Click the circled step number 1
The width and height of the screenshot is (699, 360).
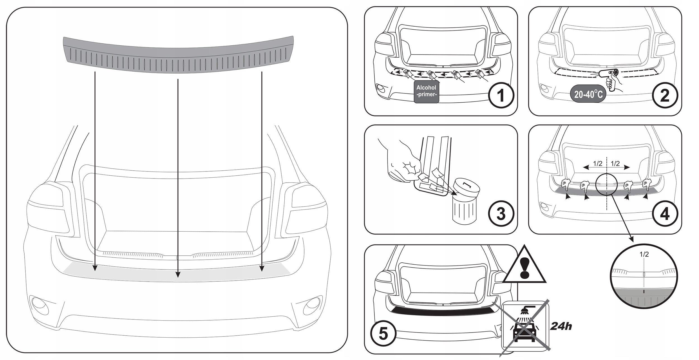pyautogui.click(x=501, y=96)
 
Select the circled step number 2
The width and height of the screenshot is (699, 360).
pyautogui.click(x=665, y=96)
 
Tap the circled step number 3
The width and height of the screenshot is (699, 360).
pyautogui.click(x=501, y=214)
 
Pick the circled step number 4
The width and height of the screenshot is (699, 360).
pyautogui.click(x=665, y=214)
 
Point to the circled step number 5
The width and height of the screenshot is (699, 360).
pyautogui.click(x=383, y=334)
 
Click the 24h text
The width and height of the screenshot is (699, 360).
pyautogui.click(x=561, y=326)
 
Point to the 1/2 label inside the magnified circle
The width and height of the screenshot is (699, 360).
pyautogui.click(x=644, y=254)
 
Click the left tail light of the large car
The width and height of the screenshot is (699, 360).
pyautogui.click(x=48, y=207)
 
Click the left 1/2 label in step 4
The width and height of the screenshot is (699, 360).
pyautogui.click(x=598, y=164)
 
